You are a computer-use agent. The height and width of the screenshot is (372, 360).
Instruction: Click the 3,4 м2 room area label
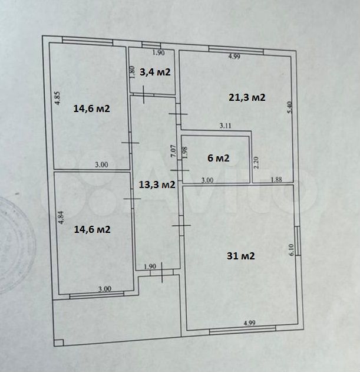pyautogui.click(x=155, y=72)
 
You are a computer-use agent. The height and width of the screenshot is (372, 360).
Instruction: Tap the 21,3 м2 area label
pyautogui.click(x=247, y=97)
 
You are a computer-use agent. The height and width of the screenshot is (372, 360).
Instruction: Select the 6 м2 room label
pyautogui.click(x=219, y=158)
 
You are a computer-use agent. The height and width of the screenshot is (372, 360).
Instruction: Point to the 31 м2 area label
pyautogui.click(x=241, y=256)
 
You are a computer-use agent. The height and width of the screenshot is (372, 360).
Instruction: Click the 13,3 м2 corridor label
pyautogui.click(x=157, y=185)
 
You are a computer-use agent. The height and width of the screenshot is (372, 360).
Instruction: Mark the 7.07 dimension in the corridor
pyautogui.click(x=174, y=151)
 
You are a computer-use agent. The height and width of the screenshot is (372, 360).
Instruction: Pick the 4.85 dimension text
pyautogui.click(x=58, y=98)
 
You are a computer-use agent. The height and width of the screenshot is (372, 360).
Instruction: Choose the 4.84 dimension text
pyautogui.click(x=61, y=218)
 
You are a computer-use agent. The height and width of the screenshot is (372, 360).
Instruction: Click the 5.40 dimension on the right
pyautogui.click(x=289, y=107)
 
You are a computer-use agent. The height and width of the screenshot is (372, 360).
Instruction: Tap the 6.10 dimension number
pyautogui.click(x=292, y=249)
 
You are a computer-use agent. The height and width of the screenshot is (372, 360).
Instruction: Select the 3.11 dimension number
pyautogui.click(x=225, y=126)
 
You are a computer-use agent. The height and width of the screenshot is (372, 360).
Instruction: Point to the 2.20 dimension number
pyautogui.click(x=256, y=162)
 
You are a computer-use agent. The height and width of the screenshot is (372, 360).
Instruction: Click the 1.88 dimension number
pyautogui.click(x=276, y=180)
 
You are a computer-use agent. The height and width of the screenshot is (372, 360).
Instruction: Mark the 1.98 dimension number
pyautogui.click(x=185, y=153)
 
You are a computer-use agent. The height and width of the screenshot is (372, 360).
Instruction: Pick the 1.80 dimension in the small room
pyautogui.click(x=133, y=72)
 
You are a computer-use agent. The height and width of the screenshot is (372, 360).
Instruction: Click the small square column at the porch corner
pyautogui.click(x=59, y=343)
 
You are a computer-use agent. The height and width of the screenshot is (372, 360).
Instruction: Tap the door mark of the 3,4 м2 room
pyautogui.click(x=144, y=95)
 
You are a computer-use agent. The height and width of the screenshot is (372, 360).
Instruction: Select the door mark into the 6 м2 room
pyautogui.click(x=180, y=170)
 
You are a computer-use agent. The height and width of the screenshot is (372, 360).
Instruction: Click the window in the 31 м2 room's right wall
pyautogui.click(x=298, y=241)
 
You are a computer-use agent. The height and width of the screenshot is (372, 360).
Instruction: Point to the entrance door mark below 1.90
pyautogui.click(x=162, y=272)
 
